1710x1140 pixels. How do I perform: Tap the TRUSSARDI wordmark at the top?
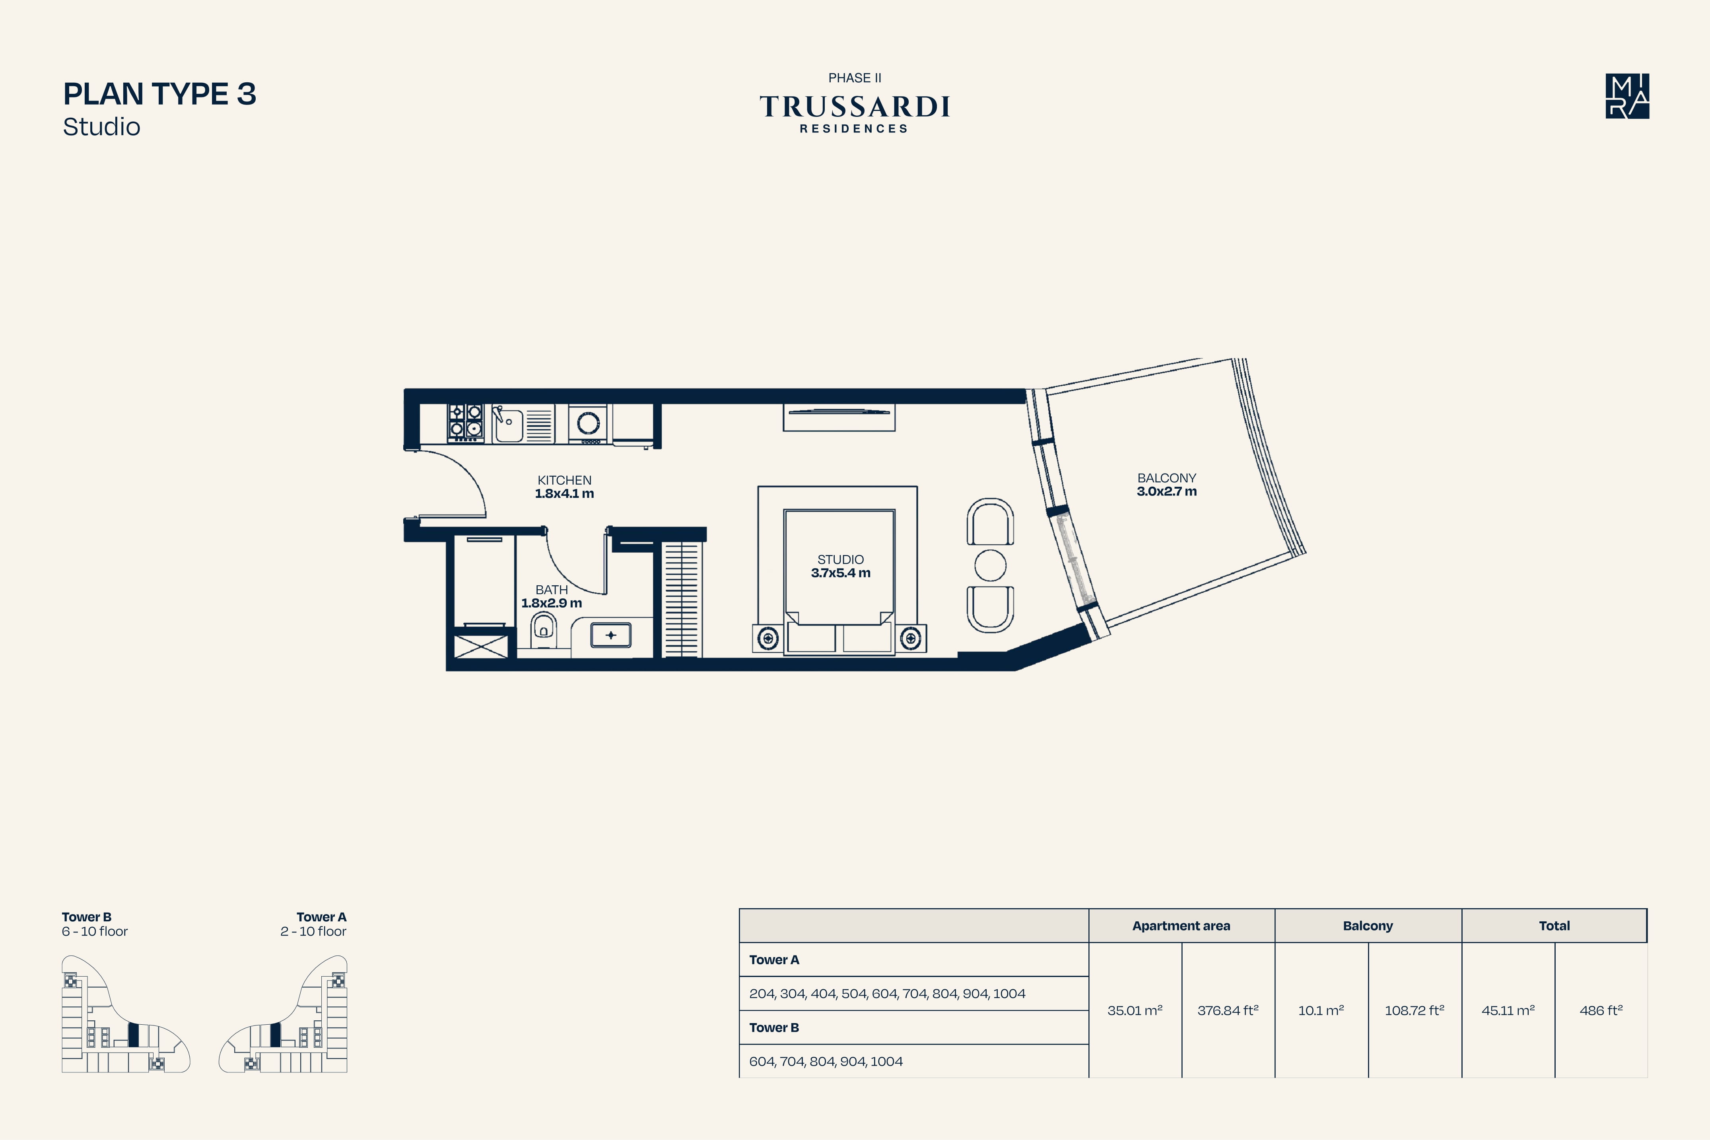(855, 107)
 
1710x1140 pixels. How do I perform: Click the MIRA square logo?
(1627, 96)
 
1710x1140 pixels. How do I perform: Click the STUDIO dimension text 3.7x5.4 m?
(840, 573)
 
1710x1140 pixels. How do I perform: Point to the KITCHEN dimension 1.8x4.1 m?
(564, 494)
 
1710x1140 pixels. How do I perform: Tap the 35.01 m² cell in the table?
(1135, 1010)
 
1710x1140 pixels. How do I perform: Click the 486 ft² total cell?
(1601, 1010)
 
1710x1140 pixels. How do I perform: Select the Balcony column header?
(1368, 926)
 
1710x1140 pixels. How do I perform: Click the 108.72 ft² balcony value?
(1414, 1010)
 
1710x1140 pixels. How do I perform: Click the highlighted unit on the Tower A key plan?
(275, 1035)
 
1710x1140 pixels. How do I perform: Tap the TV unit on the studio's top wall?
(839, 417)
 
